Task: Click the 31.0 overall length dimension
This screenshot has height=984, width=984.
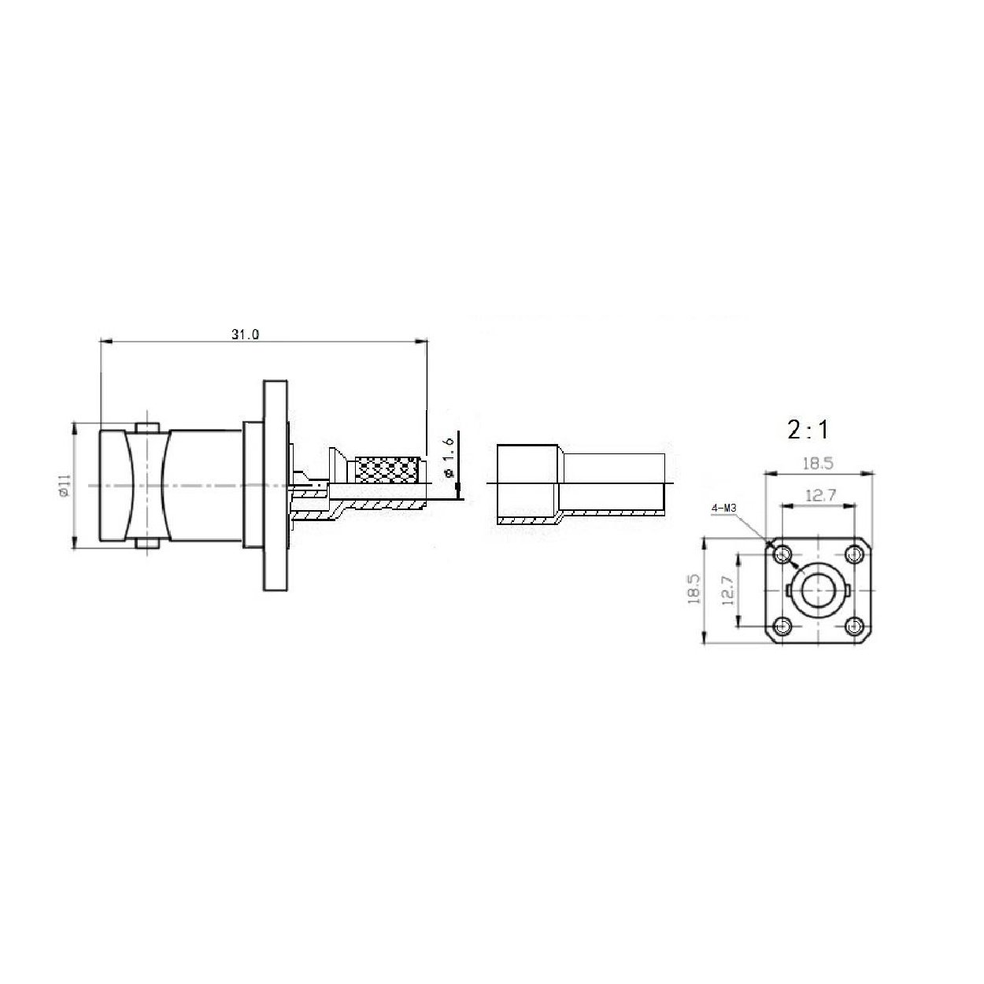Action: click(246, 335)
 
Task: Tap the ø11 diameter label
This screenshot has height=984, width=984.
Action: click(64, 485)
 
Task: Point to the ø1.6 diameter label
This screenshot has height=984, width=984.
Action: click(449, 457)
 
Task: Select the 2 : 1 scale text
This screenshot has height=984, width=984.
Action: click(808, 430)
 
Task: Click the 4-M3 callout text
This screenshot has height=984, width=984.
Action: click(723, 509)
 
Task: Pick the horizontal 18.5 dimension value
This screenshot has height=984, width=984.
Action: click(818, 463)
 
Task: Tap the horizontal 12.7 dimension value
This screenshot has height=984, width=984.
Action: click(820, 495)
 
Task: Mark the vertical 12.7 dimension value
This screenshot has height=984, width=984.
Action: click(728, 590)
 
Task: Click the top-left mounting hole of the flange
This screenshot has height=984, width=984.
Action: click(782, 554)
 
